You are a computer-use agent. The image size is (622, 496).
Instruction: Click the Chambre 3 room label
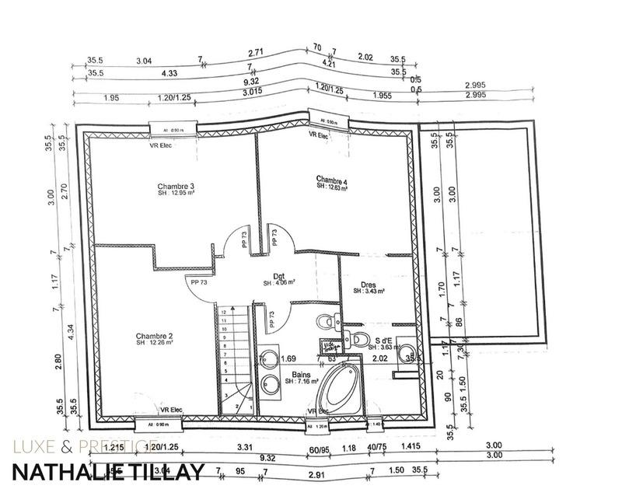[x=176, y=187]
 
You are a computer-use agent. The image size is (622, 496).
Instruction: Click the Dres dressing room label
[x=369, y=284]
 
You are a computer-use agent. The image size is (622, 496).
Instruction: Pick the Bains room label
[x=302, y=375]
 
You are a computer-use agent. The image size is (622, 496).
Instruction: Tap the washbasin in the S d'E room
[x=405, y=353]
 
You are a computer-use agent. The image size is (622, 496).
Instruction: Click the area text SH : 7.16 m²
[x=302, y=382]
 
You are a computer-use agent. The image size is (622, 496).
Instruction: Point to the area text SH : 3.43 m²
[x=369, y=292]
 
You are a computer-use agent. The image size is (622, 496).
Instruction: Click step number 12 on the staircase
[x=223, y=310]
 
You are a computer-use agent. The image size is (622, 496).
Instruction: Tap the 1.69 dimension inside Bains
[x=288, y=358]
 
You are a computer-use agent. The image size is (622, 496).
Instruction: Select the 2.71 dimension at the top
[x=257, y=53]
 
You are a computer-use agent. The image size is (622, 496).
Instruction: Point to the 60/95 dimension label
[x=320, y=447]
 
